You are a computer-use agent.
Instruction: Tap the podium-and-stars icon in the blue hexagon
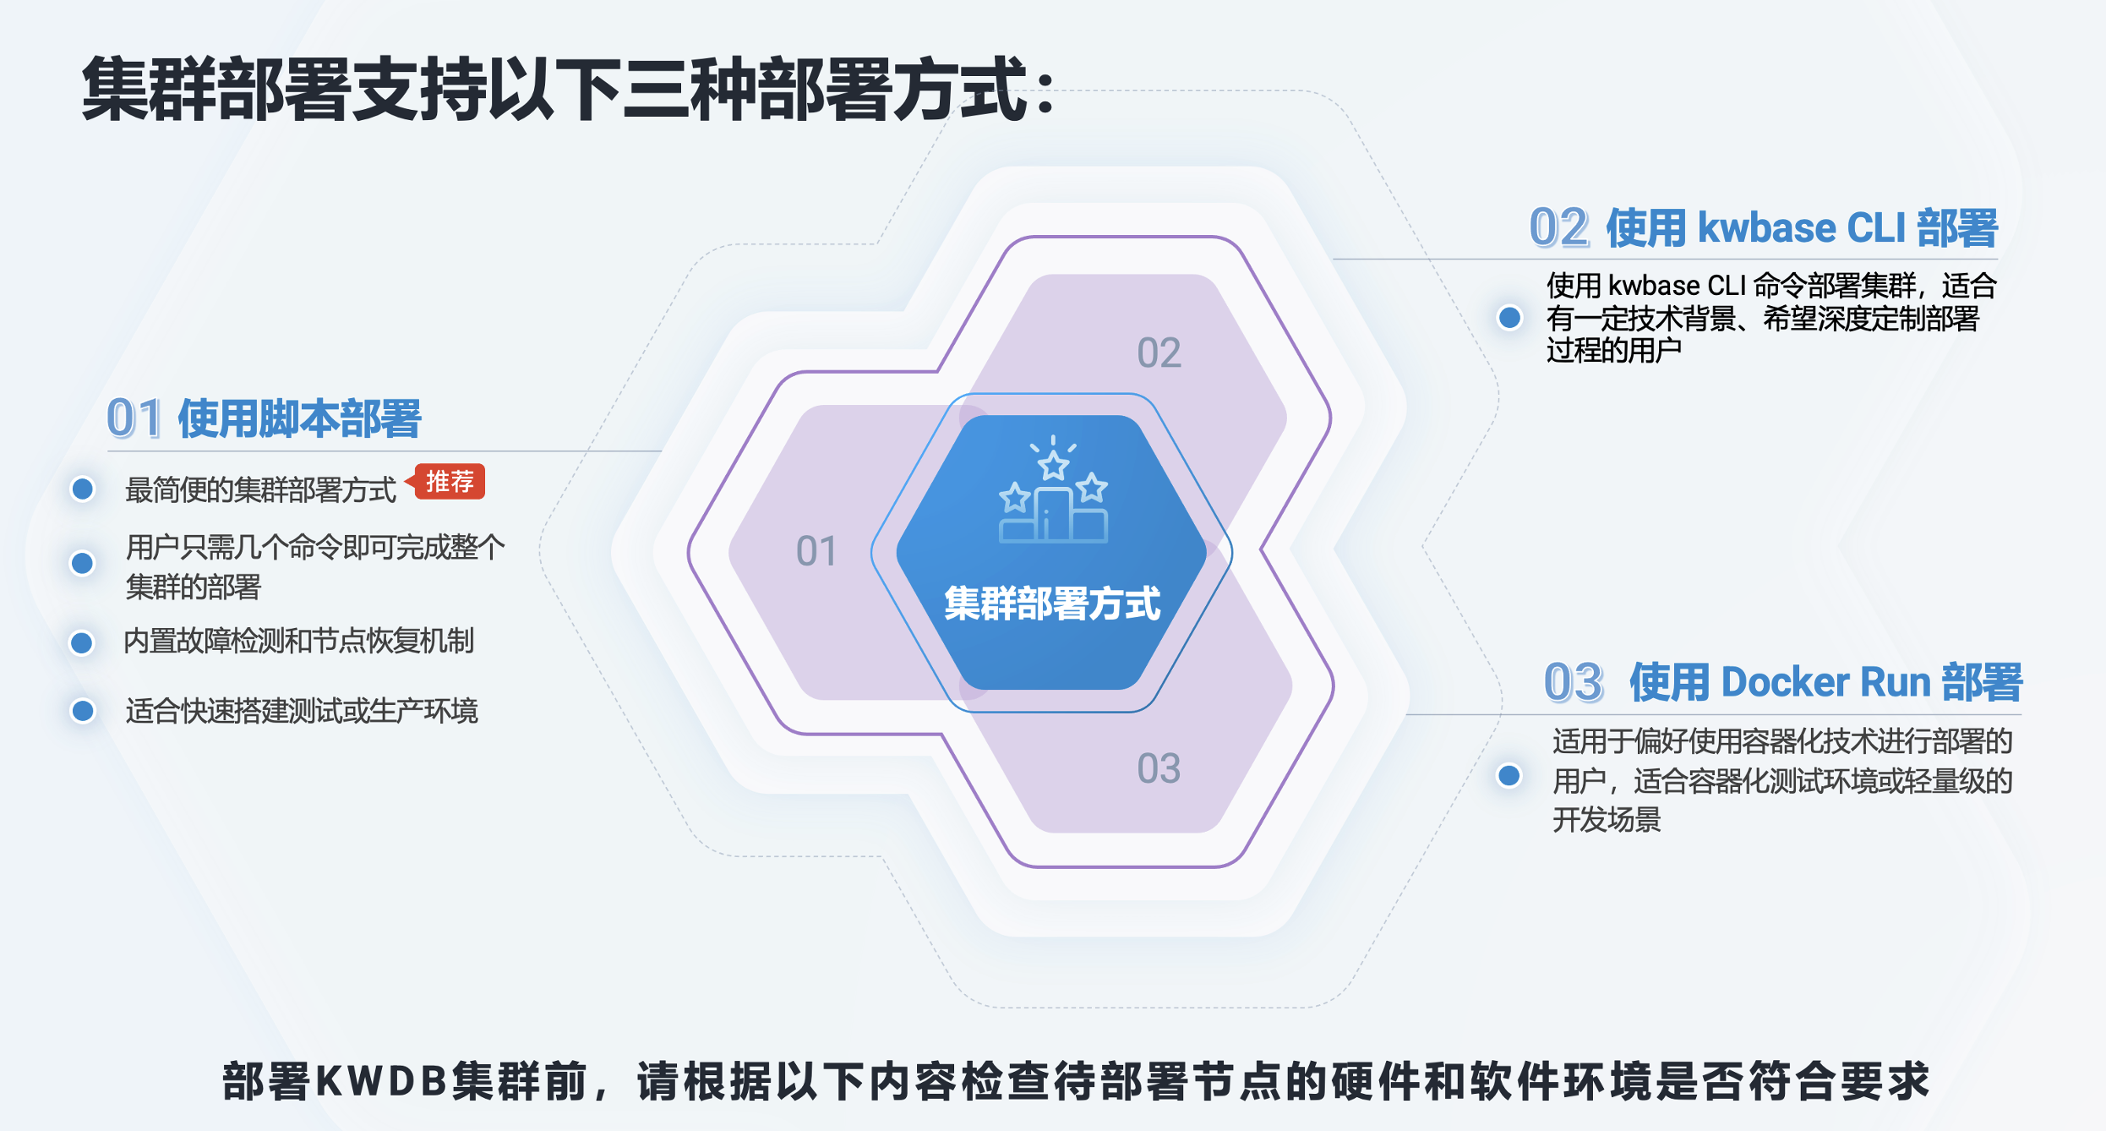pyautogui.click(x=1053, y=489)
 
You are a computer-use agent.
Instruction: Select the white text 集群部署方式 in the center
pyautogui.click(x=1052, y=604)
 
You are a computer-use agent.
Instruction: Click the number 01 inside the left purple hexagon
pyautogui.click(x=816, y=551)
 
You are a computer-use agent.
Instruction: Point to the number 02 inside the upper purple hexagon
pyautogui.click(x=1159, y=352)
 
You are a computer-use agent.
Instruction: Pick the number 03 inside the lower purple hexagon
pyautogui.click(x=1159, y=768)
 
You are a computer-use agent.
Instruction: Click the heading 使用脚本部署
pyautogui.click(x=299, y=418)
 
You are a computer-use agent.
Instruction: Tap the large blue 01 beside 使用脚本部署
pyautogui.click(x=134, y=418)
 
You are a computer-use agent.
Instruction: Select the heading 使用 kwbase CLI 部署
pyautogui.click(x=1802, y=228)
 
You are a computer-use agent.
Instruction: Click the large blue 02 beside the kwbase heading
pyautogui.click(x=1559, y=228)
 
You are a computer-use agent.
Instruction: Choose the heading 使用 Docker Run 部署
pyautogui.click(x=1825, y=682)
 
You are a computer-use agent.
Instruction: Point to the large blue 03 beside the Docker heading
pyautogui.click(x=1574, y=682)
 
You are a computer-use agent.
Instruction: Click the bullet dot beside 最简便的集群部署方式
pyautogui.click(x=82, y=489)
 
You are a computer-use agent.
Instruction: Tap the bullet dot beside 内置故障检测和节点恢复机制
pyautogui.click(x=81, y=643)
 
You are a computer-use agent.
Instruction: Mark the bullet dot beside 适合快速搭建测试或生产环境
pyautogui.click(x=82, y=711)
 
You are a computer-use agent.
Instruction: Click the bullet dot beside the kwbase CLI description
pyautogui.click(x=1509, y=318)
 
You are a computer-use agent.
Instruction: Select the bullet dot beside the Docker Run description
pyautogui.click(x=1509, y=775)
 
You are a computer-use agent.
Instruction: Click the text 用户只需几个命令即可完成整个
pyautogui.click(x=315, y=548)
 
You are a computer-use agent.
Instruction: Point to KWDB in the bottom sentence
pyautogui.click(x=381, y=1080)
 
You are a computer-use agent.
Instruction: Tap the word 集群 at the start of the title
pyautogui.click(x=148, y=89)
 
